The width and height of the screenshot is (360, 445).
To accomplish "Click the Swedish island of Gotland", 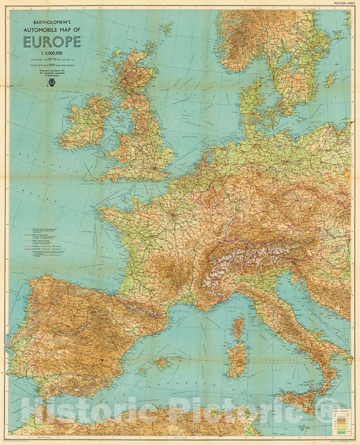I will (x=330, y=79).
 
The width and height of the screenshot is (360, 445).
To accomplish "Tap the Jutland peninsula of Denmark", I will (x=247, y=108).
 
